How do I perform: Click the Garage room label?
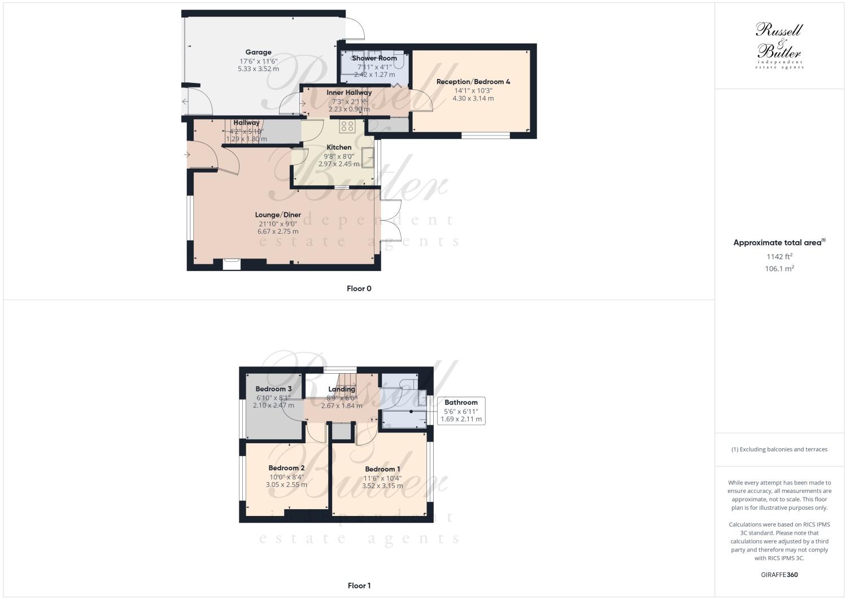[x=258, y=53]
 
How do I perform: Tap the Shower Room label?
[x=374, y=58]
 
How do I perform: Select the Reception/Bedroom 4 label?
[x=473, y=82]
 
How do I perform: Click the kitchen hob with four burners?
[x=347, y=126]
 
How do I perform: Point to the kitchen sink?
[x=368, y=157]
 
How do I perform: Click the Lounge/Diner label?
[x=278, y=215]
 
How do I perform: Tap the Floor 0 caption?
[x=359, y=288]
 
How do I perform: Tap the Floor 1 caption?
[x=359, y=585]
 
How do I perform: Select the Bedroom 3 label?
[x=273, y=389]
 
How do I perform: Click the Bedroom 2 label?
[x=286, y=468]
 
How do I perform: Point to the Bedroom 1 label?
[x=382, y=469]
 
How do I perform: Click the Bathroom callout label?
[x=461, y=403]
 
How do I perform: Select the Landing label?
[x=342, y=389]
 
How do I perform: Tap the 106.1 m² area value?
[x=779, y=269]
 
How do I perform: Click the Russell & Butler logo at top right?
[x=779, y=45]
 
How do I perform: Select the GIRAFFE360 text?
[x=779, y=575]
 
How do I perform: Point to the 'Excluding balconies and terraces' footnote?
[x=779, y=449]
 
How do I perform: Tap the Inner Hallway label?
[x=349, y=93]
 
